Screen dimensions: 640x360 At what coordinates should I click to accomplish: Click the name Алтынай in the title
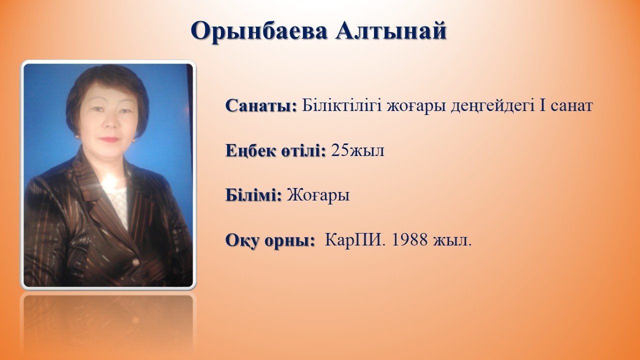click(x=391, y=30)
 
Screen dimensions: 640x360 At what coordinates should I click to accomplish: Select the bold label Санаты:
click(x=261, y=105)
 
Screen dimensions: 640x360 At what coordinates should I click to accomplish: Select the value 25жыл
click(x=357, y=150)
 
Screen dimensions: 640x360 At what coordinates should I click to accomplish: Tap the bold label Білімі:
click(x=253, y=195)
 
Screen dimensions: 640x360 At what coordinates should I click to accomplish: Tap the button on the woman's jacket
click(x=135, y=262)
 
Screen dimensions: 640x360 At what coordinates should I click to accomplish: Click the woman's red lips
click(x=109, y=139)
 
